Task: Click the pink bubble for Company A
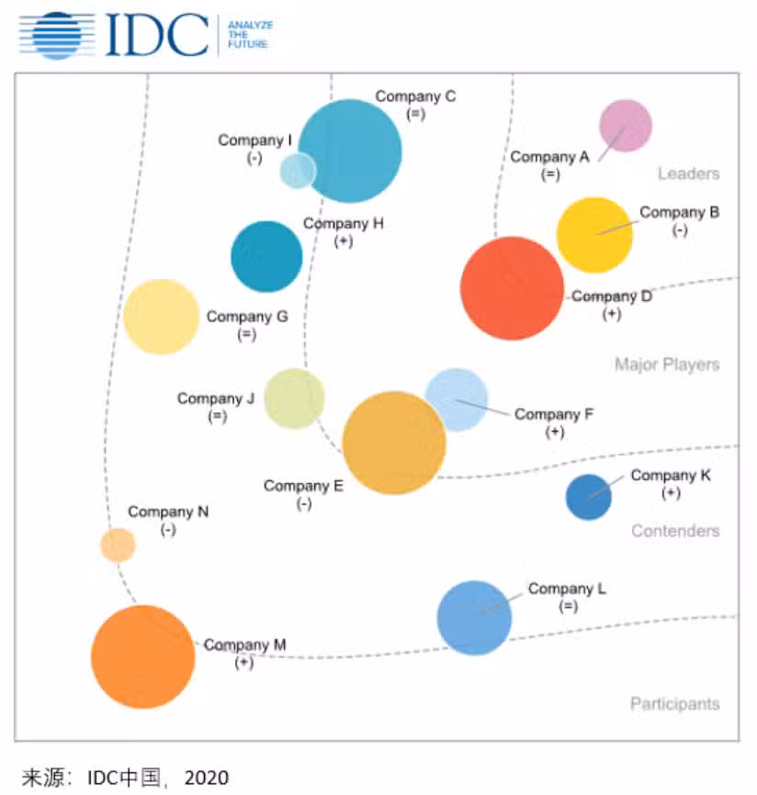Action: [626, 126]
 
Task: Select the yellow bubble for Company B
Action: [594, 235]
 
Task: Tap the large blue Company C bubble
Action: [352, 151]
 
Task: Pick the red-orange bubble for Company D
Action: [511, 288]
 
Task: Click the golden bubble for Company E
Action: [393, 443]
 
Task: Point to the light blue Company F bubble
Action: [457, 397]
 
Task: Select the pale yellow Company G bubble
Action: [162, 317]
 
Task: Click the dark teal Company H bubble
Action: [266, 257]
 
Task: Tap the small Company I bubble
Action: [297, 171]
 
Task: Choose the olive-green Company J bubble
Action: [294, 398]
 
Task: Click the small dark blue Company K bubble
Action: [588, 497]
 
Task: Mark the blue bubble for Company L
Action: [474, 618]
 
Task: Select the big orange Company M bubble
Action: [143, 657]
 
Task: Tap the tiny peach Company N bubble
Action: [118, 544]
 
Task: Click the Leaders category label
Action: [688, 174]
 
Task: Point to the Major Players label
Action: [667, 364]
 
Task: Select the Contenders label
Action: [675, 531]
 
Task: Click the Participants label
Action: [674, 704]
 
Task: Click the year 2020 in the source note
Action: [206, 778]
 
